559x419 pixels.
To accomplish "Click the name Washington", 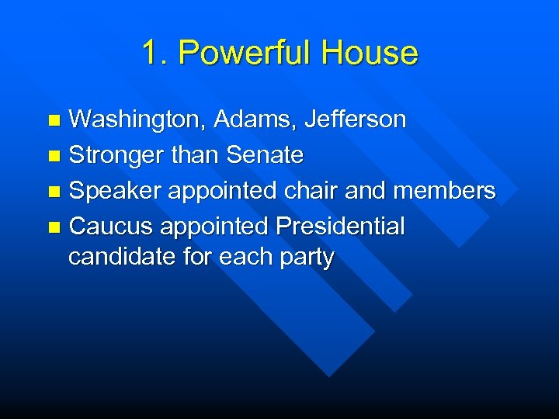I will coord(137,120).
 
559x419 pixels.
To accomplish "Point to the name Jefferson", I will coord(355,119).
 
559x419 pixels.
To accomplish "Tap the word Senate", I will coord(265,155).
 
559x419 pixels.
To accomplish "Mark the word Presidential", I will coord(340,227).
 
